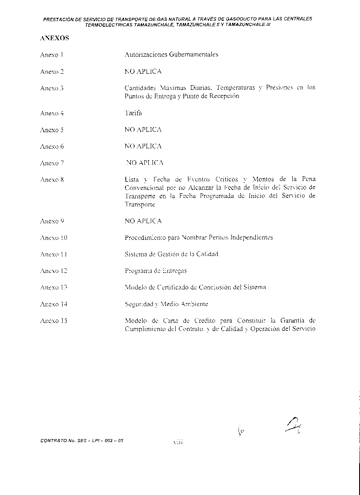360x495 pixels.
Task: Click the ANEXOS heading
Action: click(55, 38)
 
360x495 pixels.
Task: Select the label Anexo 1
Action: click(52, 55)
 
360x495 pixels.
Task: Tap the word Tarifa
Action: click(133, 113)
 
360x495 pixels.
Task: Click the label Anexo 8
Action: click(52, 180)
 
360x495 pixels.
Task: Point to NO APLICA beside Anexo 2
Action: click(143, 72)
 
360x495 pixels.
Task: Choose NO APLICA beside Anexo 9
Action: click(143, 221)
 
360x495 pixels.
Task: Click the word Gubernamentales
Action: click(194, 55)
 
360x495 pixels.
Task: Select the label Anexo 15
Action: click(53, 321)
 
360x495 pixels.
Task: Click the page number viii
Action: click(177, 442)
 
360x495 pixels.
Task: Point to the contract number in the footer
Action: click(82, 441)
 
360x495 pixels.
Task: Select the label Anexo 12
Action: click(53, 271)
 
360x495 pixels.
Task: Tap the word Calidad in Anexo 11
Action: click(207, 254)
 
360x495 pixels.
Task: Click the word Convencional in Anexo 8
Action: click(144, 188)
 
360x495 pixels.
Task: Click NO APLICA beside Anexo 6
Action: click(143, 146)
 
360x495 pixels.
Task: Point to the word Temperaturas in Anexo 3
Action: click(235, 88)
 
